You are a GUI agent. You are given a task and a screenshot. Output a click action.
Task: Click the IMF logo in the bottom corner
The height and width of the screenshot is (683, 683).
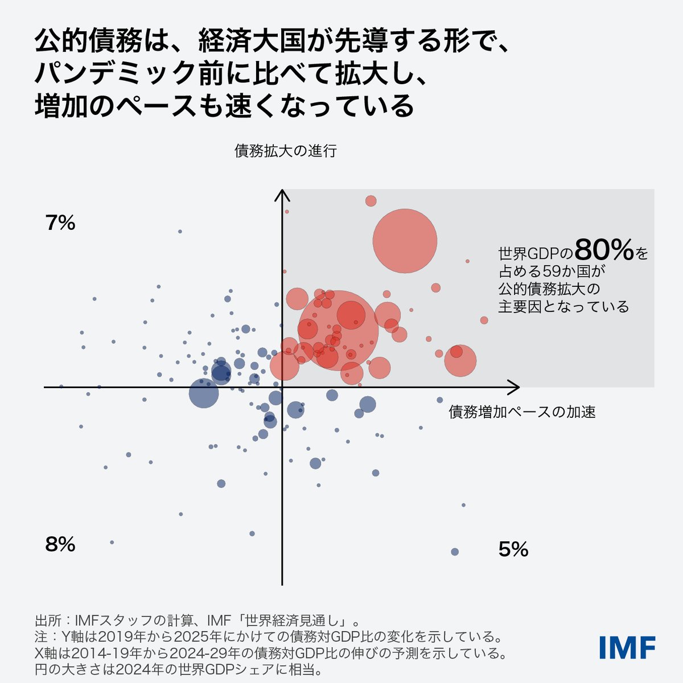click(627, 647)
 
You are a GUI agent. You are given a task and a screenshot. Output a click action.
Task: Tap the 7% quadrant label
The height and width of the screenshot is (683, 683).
click(60, 223)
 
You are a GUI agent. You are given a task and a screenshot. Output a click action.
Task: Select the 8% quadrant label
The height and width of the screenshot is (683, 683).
click(60, 545)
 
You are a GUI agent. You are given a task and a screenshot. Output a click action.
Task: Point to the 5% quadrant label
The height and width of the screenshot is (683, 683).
click(513, 549)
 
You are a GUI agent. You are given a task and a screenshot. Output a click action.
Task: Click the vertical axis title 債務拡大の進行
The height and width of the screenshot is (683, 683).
click(286, 151)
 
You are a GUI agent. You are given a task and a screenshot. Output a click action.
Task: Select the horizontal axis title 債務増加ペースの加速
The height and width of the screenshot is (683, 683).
click(522, 412)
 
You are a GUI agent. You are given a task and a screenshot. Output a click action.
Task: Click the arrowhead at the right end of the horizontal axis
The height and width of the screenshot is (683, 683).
click(515, 388)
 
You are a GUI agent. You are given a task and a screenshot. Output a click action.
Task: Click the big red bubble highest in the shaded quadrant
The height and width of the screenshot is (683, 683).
click(405, 241)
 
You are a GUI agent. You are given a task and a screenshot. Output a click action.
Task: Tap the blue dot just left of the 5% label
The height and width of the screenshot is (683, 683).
click(454, 552)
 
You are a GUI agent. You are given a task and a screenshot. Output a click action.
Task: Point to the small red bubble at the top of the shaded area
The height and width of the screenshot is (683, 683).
click(371, 201)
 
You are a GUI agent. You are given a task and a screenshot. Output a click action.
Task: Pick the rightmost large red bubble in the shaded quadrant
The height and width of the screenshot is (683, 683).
click(460, 361)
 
